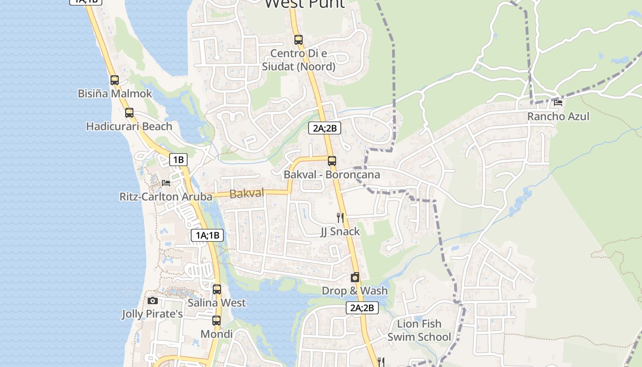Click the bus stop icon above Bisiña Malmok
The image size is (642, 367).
pos(115,80)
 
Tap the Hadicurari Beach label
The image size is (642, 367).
pos(129,126)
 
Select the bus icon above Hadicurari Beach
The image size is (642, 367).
pos(129,112)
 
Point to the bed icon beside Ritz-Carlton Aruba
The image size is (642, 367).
pos(166,183)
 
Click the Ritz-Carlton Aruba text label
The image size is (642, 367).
pos(166,197)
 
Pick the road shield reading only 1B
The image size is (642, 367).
pos(178,160)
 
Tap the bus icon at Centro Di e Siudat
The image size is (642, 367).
pos(299,40)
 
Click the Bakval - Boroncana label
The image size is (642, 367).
pos(332,175)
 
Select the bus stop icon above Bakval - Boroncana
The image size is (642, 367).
pos(332,161)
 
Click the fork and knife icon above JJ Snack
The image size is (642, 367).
pos(340,217)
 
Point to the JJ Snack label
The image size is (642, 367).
pos(340,231)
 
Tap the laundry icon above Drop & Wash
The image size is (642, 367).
pos(354,277)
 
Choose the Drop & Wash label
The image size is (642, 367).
pos(354,291)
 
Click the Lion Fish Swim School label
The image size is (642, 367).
pos(419,330)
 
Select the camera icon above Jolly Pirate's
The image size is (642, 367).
pos(153,300)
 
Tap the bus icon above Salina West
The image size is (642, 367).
pos(217,289)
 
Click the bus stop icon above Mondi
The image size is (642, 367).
pos(216,321)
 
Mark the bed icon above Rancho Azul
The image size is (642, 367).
pos(558,103)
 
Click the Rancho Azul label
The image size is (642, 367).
pos(558,117)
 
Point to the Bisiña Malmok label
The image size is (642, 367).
pos(115,94)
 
